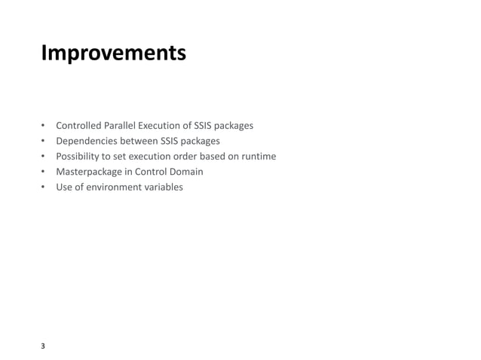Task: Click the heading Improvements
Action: (x=113, y=55)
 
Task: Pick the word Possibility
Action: (x=78, y=156)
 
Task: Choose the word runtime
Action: (x=259, y=156)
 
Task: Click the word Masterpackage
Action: (x=88, y=172)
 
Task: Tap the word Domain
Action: (x=185, y=171)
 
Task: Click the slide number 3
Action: (x=43, y=346)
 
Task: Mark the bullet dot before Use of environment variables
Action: (x=43, y=187)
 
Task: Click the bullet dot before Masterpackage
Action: (x=43, y=172)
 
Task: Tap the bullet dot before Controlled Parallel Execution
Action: (x=43, y=125)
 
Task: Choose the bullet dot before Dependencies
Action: (x=43, y=141)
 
